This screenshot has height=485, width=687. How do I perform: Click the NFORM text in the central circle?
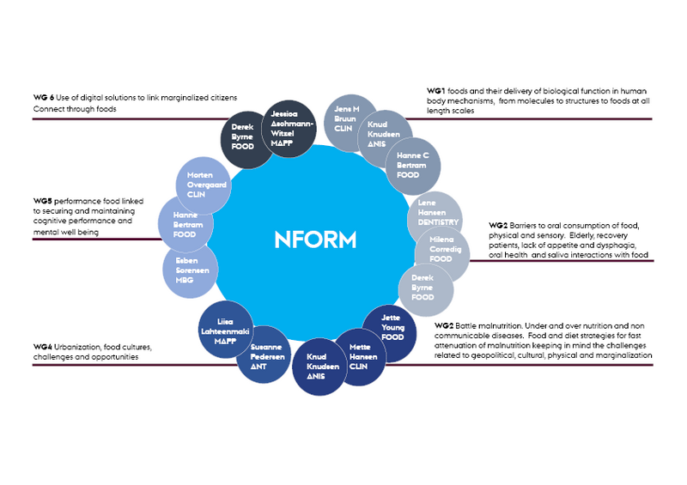pos(315,239)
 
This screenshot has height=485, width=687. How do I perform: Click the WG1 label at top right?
pos(437,91)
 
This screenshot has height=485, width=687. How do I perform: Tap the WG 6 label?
pos(44,97)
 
